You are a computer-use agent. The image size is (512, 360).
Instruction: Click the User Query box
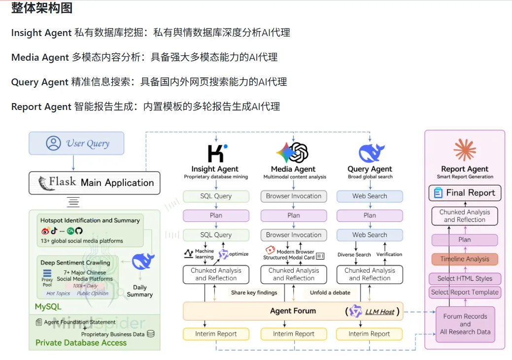76,144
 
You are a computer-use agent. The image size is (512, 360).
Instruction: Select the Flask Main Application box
95,183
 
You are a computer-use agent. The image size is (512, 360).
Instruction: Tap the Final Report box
465,193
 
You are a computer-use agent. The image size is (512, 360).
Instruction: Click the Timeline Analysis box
465,259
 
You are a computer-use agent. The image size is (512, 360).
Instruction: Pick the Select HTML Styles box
465,278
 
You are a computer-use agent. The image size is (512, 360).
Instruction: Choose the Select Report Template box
465,292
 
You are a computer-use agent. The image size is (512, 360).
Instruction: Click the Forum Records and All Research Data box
465,324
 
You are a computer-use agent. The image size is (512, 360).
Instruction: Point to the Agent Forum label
293,311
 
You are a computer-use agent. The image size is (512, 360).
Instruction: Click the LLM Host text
379,312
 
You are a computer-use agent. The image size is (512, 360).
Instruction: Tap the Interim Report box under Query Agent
369,334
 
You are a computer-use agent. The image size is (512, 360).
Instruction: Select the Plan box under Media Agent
294,216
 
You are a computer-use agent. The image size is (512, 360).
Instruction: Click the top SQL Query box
216,196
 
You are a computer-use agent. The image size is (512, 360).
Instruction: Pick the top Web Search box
370,196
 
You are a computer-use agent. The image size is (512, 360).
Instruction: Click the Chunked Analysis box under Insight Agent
216,274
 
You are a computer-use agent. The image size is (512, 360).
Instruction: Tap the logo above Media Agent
293,152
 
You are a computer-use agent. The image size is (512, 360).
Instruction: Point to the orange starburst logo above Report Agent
464,150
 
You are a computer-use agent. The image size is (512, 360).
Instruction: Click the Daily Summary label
139,291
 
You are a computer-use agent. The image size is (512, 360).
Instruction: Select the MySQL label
48,307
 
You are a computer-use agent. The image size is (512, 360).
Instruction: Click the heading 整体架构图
42,8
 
